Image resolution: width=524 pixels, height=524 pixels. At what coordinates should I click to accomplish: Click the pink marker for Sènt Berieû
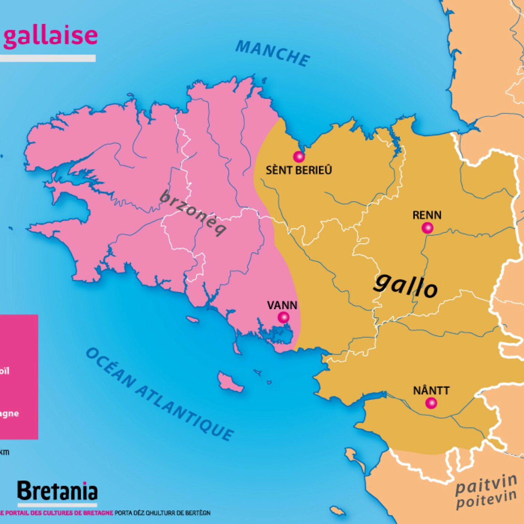298,156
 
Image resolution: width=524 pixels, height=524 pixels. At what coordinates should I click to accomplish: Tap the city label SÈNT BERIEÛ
299,170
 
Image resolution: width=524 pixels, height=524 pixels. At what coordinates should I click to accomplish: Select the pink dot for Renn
427,228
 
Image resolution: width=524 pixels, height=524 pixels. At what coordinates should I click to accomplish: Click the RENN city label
427,215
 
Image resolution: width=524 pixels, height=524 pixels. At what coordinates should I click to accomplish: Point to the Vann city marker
283,317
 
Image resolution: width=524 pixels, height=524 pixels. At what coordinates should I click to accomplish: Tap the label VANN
282,305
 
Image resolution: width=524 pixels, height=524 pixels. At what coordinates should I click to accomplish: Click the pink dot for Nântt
431,403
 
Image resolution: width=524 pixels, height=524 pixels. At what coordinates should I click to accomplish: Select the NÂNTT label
431,391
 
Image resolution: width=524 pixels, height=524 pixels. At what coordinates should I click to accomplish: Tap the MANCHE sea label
273,53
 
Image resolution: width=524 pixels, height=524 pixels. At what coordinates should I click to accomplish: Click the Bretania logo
57,491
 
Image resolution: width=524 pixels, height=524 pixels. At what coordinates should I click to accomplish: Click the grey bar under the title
48,58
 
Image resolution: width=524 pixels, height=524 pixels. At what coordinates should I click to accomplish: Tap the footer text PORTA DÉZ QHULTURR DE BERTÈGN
162,513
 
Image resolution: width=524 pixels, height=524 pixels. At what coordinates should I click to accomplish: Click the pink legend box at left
19,377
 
